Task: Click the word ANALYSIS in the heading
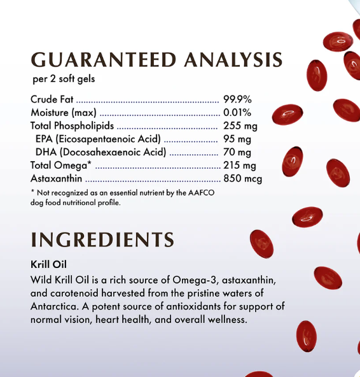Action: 233,60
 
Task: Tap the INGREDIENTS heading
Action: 102,240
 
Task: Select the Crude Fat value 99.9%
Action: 238,99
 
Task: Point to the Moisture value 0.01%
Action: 238,113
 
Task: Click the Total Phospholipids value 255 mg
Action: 240,126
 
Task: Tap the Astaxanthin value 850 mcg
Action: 242,178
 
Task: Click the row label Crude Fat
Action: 52,99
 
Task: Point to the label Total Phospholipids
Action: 72,126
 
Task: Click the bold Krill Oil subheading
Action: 49,264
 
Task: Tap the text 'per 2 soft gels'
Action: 64,80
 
